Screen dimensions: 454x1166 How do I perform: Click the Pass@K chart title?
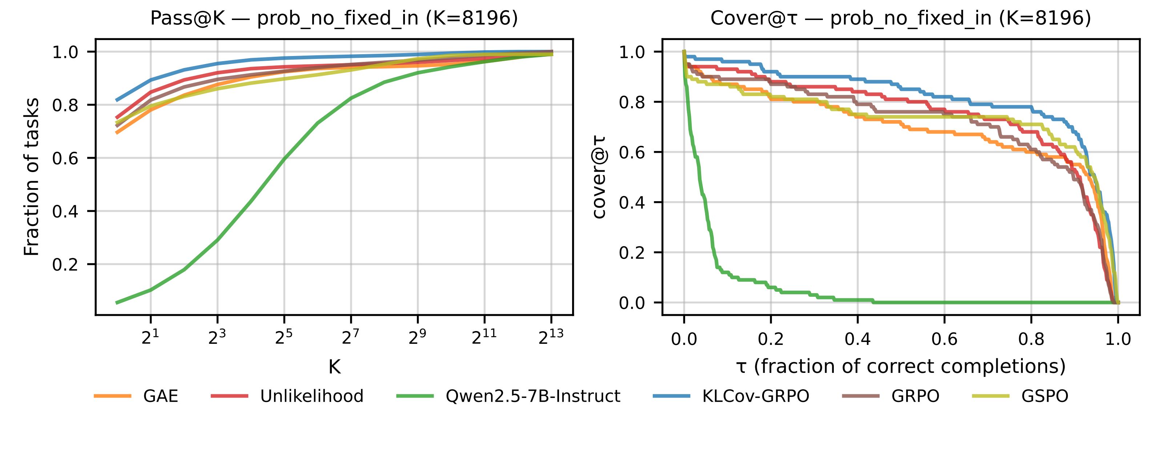point(334,18)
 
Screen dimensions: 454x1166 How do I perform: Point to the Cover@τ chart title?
point(901,18)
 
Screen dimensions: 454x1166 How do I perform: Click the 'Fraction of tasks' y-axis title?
point(32,177)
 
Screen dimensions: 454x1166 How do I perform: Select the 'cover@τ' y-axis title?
point(599,177)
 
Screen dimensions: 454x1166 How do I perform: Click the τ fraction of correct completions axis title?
point(901,366)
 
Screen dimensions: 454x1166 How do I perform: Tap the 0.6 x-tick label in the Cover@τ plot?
point(944,339)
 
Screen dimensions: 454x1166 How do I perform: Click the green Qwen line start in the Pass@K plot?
point(117,302)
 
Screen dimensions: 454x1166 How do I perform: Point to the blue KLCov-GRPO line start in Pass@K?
point(117,100)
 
